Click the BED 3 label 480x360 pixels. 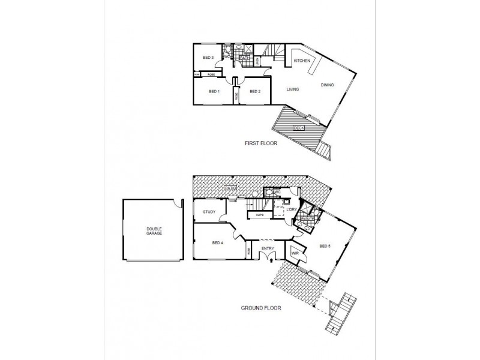pos(208,58)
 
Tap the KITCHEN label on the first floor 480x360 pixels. pos(302,61)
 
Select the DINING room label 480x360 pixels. pos(327,85)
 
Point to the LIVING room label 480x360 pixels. pos(293,89)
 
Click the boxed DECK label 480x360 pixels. pos(298,128)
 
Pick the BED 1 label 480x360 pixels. pos(214,91)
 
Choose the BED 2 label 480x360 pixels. pos(255,91)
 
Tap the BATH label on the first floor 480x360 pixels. pos(244,58)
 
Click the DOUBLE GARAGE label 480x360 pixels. pos(154,232)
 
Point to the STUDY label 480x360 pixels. pos(209,212)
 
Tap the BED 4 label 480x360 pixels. pos(218,242)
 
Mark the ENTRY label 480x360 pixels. pos(268,247)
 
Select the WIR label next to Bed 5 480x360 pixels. pos(295,254)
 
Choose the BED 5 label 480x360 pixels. pos(325,246)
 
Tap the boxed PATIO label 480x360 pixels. pos(229,188)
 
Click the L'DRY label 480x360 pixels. pos(292,209)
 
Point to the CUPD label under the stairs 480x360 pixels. pos(260,214)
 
